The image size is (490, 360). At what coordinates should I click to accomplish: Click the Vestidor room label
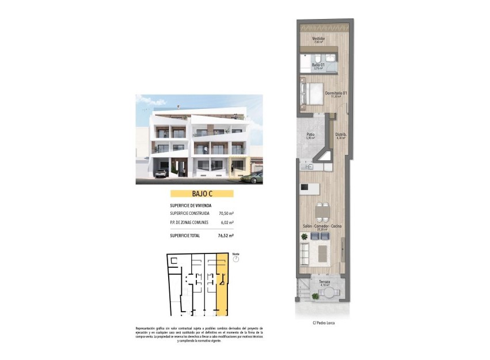tap(318, 39)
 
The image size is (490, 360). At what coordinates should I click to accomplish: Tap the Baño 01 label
tap(318, 65)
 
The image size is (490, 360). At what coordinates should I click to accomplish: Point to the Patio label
tap(310, 135)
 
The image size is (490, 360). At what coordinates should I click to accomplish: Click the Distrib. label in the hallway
tap(340, 135)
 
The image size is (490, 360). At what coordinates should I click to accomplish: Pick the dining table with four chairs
tap(322, 212)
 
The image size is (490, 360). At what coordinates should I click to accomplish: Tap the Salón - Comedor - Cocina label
tap(322, 226)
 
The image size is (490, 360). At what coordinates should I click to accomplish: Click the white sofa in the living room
tap(303, 251)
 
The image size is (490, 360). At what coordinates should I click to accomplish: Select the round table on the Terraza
tap(329, 293)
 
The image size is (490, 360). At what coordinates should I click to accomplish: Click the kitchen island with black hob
tap(311, 188)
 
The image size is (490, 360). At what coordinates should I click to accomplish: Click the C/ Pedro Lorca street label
tap(323, 323)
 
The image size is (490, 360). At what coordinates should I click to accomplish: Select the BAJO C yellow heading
tap(201, 194)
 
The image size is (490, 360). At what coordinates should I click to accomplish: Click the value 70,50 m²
tap(226, 213)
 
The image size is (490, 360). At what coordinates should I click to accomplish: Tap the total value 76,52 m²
tap(226, 235)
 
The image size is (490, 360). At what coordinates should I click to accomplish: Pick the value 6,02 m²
tap(227, 222)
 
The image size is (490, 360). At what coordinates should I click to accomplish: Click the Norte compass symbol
tap(235, 260)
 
